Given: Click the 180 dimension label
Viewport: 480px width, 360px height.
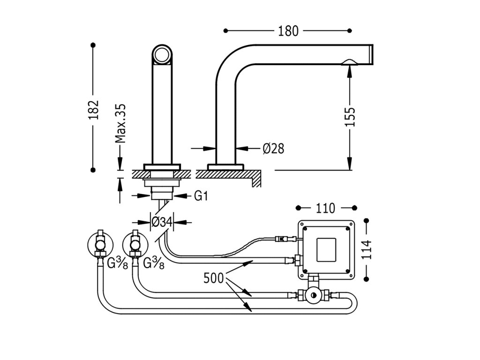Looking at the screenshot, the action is (x=288, y=31).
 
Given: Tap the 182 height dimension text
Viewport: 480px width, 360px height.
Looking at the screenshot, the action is (x=94, y=109).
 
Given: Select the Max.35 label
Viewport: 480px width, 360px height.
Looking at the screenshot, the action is (x=120, y=123).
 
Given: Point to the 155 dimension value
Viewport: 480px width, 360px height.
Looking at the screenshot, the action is (x=350, y=117).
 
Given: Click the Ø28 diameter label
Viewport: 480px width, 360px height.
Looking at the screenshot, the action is (x=273, y=149).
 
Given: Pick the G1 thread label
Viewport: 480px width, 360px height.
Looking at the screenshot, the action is (x=201, y=195).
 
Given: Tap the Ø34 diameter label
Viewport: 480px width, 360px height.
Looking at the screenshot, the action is (x=162, y=222).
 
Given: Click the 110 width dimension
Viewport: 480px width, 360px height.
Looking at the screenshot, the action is (x=325, y=208).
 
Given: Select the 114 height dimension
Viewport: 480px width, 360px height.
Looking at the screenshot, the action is (x=367, y=249).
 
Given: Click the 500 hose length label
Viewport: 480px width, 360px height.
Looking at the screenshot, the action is (x=214, y=278).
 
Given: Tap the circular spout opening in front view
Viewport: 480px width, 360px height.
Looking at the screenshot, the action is (x=162, y=55).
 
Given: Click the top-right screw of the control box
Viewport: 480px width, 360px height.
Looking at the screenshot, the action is (x=347, y=228).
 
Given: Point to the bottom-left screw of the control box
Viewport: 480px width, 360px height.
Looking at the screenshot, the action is (x=305, y=271).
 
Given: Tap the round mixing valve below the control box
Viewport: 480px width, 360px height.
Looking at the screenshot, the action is (x=313, y=296).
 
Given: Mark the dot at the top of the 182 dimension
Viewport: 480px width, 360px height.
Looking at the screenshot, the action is (x=93, y=45).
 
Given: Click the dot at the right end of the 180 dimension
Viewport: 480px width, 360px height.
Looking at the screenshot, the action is (x=350, y=30).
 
